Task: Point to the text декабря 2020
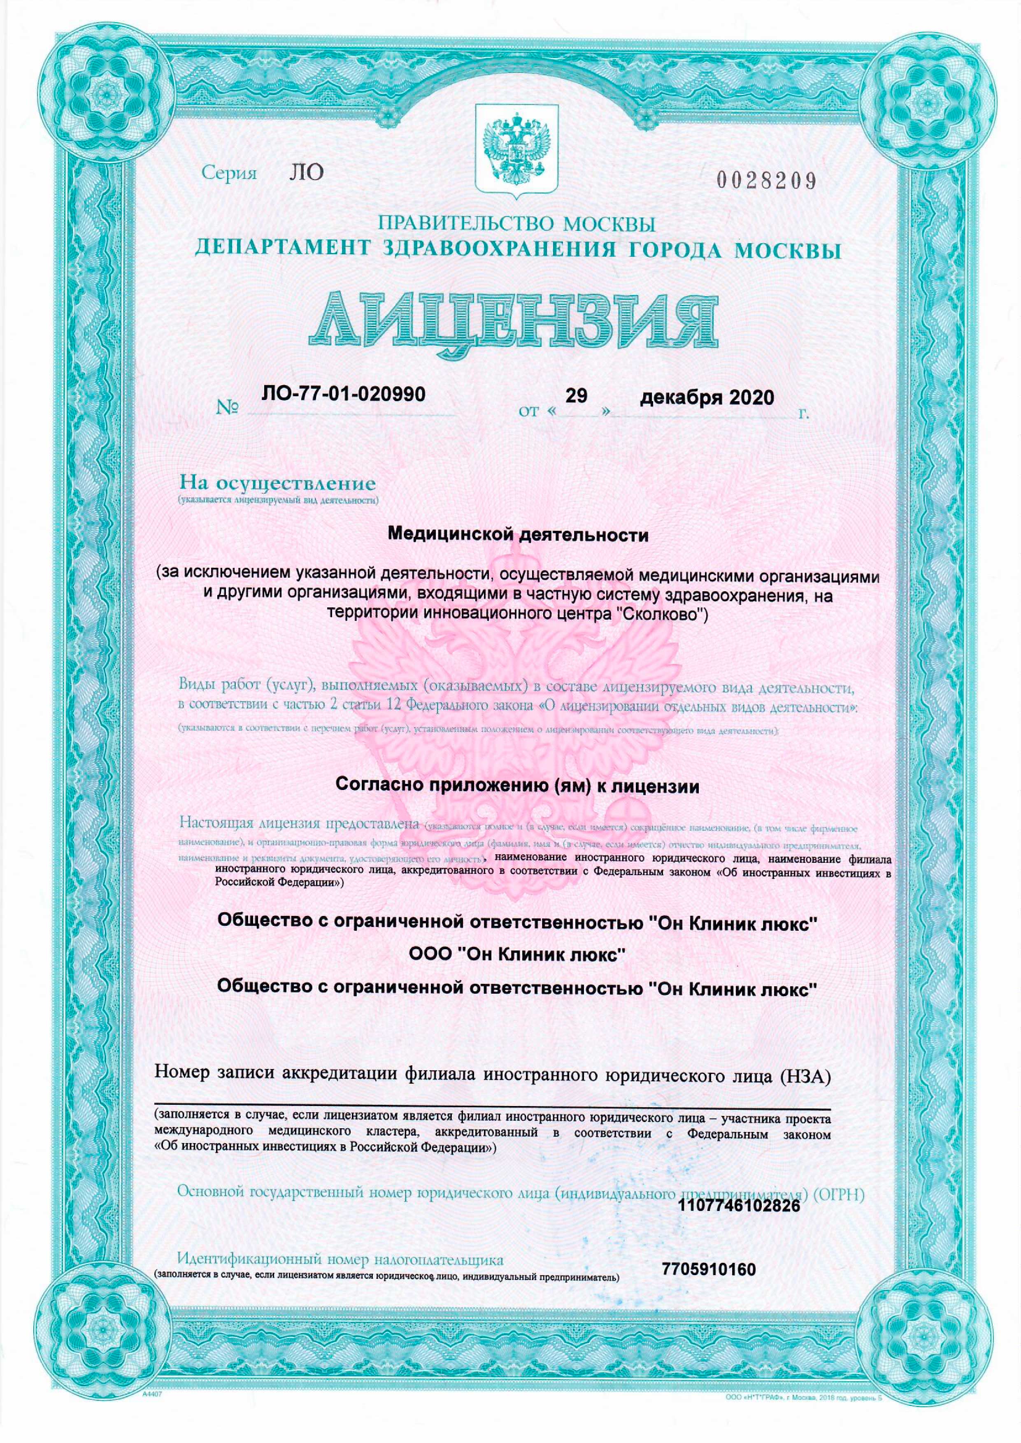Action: [707, 398]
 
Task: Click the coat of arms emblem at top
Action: [516, 146]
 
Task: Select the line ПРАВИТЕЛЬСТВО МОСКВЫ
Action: [517, 223]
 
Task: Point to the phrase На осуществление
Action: [277, 484]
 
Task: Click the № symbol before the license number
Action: [228, 409]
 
